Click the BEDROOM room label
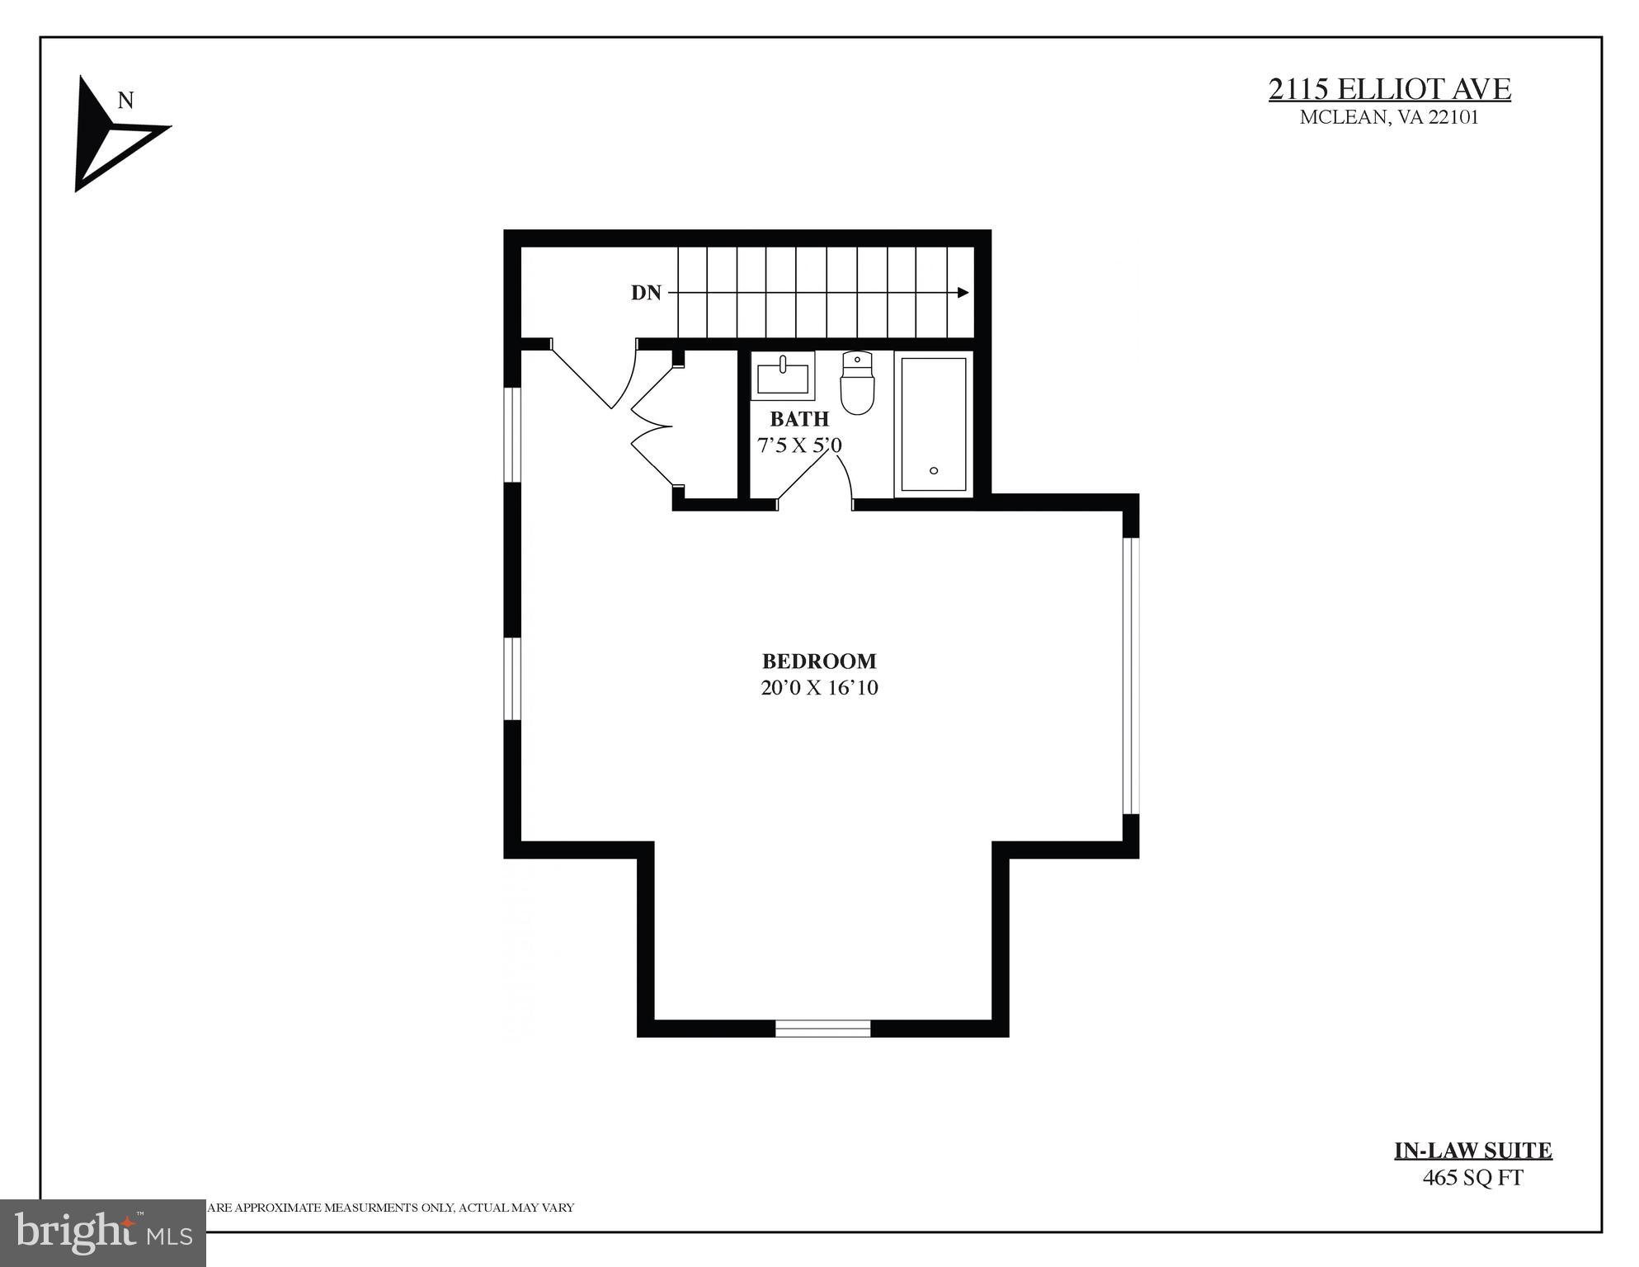818,661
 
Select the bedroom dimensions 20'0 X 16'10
818,688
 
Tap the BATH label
798,419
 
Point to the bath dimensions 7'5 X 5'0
798,445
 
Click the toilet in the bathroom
857,384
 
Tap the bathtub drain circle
934,470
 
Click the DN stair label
646,293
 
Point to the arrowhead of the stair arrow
963,292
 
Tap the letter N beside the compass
125,101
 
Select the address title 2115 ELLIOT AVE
1389,89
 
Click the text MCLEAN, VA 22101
1389,117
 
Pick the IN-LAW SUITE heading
1472,1150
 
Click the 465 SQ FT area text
1472,1177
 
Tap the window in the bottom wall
822,1028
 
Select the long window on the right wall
1131,676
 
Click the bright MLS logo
102,1232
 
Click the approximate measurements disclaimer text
391,1208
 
